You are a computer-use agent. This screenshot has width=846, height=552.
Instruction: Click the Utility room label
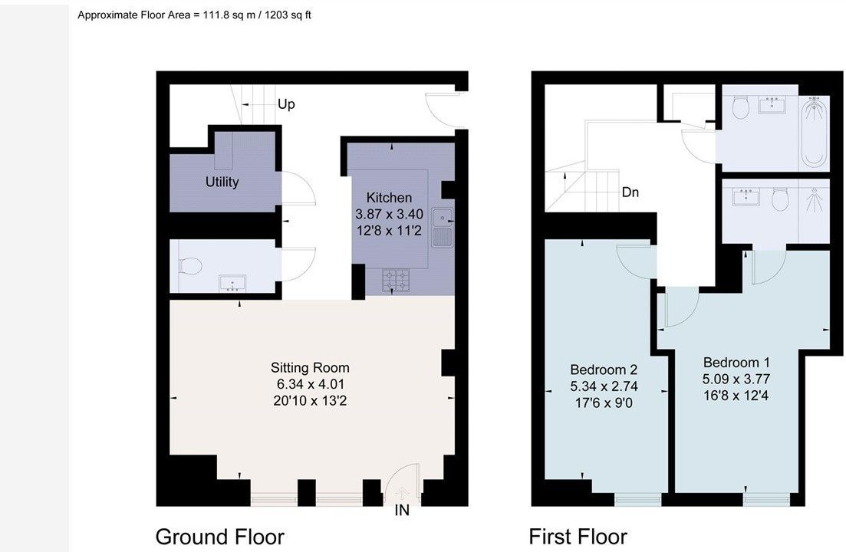[x=222, y=182]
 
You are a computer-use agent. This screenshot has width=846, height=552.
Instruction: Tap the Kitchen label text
[x=389, y=197]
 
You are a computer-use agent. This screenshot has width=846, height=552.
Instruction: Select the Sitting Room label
[x=310, y=368]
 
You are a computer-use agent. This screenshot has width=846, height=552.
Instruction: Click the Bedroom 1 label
[x=736, y=362]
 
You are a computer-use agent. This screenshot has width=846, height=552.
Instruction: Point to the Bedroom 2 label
[x=604, y=370]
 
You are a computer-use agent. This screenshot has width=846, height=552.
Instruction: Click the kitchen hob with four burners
[x=396, y=281]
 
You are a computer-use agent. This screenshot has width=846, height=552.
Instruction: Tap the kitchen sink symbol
[x=443, y=227]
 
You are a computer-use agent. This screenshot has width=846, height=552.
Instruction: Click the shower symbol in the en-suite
[x=815, y=202]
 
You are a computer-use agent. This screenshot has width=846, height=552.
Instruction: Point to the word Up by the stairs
[x=286, y=104]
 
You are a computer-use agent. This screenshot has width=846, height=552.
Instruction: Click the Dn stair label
[x=630, y=192]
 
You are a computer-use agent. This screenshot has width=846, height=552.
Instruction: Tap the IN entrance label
[x=402, y=510]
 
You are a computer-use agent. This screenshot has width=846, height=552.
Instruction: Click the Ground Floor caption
[x=219, y=537]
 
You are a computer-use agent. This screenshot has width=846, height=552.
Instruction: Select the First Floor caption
[x=578, y=537]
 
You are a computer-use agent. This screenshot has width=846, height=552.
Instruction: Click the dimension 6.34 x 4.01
[x=310, y=384]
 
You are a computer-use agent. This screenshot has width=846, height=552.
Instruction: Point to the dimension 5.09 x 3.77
[x=736, y=379]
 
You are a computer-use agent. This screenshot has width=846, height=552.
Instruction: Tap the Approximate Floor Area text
[x=194, y=15]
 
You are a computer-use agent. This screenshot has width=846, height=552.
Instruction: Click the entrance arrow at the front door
[x=402, y=493]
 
